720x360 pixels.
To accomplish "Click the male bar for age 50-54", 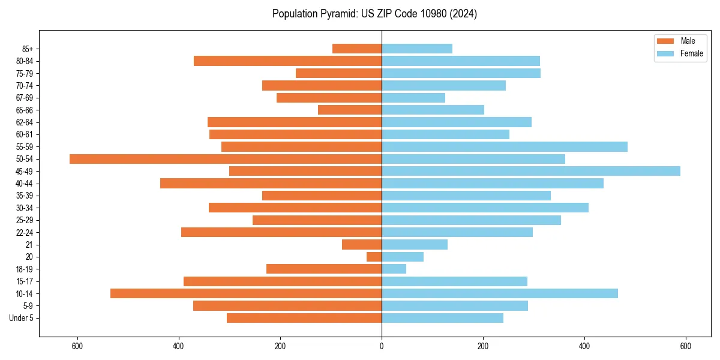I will pos(226,159).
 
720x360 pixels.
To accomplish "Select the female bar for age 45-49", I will pos(531,171).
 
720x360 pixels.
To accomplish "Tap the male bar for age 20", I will pos(374,257).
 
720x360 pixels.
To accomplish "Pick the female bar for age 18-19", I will pos(394,269).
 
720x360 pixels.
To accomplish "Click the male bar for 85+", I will pos(357,49).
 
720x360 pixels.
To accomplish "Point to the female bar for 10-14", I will pos(500,293).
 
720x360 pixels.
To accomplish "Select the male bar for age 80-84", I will pos(288,61).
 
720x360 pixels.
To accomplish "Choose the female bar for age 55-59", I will pos(505,146).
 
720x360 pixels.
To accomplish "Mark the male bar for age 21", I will pos(362,244).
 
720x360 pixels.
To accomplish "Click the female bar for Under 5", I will pos(443,318).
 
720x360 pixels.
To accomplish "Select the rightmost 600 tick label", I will pos(686,346).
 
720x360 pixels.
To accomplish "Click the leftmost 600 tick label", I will pos(77,346).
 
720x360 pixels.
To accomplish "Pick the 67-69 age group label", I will pos(25,98).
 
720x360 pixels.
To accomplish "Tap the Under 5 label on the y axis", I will pos(22,318).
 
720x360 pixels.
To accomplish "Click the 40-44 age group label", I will pos(25,184).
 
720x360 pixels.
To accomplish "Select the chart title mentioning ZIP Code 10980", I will pos(374,14).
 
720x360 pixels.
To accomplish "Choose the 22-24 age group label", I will pos(25,232).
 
